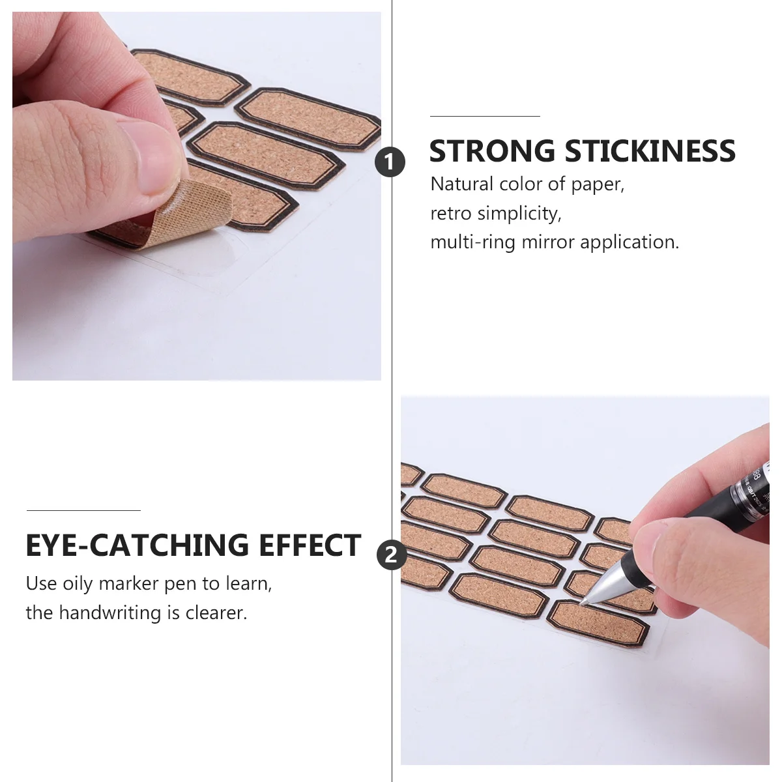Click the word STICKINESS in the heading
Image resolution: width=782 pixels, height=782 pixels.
650,151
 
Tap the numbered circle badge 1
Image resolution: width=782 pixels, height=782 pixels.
390,162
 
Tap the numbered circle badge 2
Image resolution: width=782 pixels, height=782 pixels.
391,555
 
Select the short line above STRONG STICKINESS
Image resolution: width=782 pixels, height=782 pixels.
485,116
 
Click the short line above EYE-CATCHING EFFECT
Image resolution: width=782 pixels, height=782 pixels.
83,510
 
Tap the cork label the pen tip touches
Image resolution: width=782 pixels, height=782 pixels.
596,622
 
